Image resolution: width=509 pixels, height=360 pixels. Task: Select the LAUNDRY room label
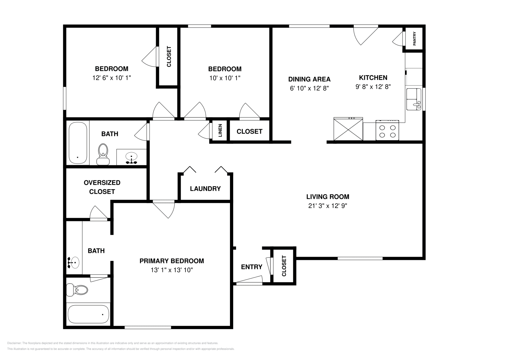pyautogui.click(x=205, y=189)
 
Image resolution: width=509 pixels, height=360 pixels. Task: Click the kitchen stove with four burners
pyautogui.click(x=387, y=130)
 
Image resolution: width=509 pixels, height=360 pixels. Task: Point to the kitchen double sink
pyautogui.click(x=414, y=100)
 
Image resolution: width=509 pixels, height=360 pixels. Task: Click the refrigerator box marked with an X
pyautogui.click(x=348, y=129)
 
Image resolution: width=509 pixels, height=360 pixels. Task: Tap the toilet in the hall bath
pyautogui.click(x=103, y=154)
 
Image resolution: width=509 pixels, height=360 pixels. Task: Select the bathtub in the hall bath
pyautogui.click(x=78, y=143)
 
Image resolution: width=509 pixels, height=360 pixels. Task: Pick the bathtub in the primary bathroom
pyautogui.click(x=88, y=314)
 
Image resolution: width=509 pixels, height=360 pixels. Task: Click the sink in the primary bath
pyautogui.click(x=74, y=262)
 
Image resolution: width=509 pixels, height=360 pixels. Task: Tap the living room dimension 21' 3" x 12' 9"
pyautogui.click(x=327, y=206)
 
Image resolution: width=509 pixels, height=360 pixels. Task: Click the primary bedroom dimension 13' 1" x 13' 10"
pyautogui.click(x=172, y=270)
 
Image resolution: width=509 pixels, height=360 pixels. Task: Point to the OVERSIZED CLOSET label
pyautogui.click(x=102, y=187)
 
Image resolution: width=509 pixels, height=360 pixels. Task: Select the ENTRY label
pyautogui.click(x=251, y=267)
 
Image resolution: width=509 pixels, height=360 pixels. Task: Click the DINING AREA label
pyautogui.click(x=309, y=79)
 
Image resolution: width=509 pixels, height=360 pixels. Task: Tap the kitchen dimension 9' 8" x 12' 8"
pyautogui.click(x=373, y=87)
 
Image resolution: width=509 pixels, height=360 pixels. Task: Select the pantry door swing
pyautogui.click(x=398, y=40)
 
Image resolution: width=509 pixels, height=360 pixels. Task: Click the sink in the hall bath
pyautogui.click(x=131, y=157)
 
